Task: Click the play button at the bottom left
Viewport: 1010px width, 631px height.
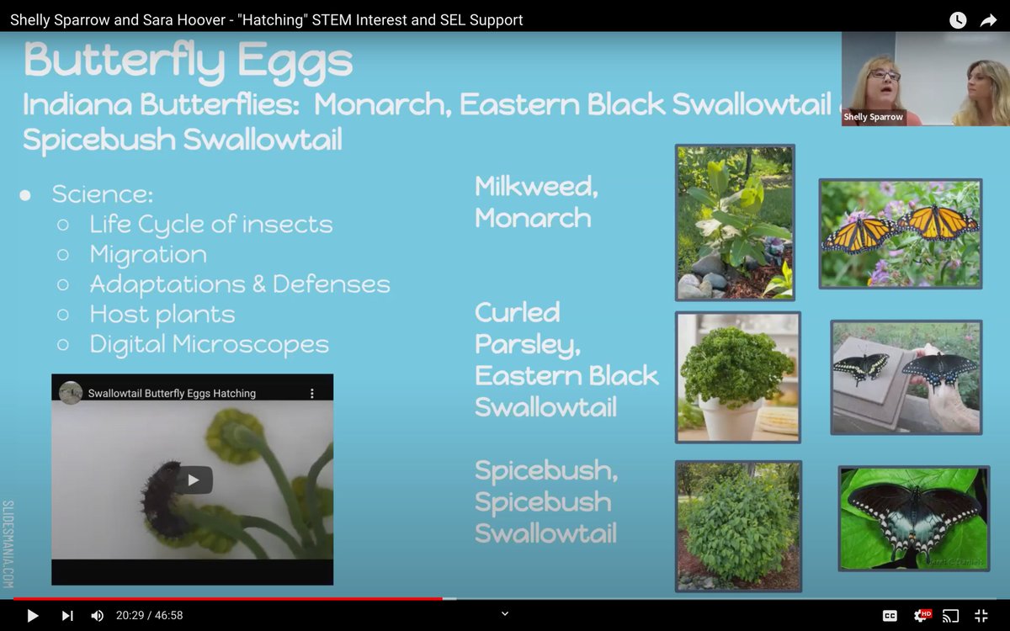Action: coord(33,616)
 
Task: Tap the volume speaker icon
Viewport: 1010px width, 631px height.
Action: coord(97,616)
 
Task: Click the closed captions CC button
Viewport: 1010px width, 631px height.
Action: coord(890,616)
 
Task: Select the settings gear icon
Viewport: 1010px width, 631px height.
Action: coord(922,616)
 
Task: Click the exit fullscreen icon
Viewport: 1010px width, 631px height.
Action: coord(981,616)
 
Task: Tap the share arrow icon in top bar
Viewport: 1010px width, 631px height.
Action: coord(988,20)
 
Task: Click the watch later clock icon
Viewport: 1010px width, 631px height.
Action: coord(958,20)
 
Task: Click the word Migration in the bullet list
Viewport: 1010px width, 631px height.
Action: coord(148,254)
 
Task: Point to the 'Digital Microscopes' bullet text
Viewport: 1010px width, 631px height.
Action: coord(209,344)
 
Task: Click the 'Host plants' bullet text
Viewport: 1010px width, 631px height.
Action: coord(162,315)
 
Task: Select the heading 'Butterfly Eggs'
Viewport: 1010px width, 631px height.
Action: coord(188,61)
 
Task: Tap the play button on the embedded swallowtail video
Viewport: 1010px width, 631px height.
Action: coord(194,480)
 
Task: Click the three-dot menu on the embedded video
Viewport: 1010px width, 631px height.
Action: coord(312,393)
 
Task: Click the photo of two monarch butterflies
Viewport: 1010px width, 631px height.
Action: coord(900,233)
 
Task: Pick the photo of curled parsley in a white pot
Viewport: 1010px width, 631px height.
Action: coord(737,376)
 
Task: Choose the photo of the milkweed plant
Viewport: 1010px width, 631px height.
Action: coord(735,222)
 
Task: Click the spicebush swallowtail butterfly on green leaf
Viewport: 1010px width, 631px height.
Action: coord(913,517)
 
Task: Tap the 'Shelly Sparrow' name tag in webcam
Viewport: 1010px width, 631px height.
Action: coord(873,117)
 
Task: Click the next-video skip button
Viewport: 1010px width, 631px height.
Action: coord(67,616)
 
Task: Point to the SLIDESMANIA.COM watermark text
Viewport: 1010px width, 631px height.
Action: coord(8,544)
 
